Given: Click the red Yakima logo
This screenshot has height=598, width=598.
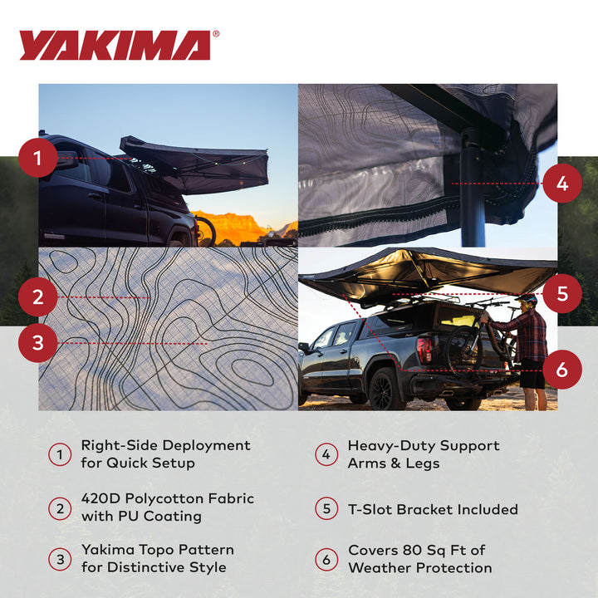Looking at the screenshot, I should point(114,46).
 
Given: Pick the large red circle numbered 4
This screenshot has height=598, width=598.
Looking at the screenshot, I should point(562,184).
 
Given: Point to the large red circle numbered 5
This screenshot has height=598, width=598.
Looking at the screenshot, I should point(562,293).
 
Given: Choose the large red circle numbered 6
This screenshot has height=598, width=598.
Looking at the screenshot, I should point(562,368).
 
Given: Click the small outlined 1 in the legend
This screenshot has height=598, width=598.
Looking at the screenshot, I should point(60,454).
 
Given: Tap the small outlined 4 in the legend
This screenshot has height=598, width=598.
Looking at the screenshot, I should point(326,454).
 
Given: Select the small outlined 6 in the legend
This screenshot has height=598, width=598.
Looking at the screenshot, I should point(326,560).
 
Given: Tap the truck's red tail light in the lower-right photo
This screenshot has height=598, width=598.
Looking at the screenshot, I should point(424,350).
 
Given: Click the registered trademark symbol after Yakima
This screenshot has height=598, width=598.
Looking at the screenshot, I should point(217,35).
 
